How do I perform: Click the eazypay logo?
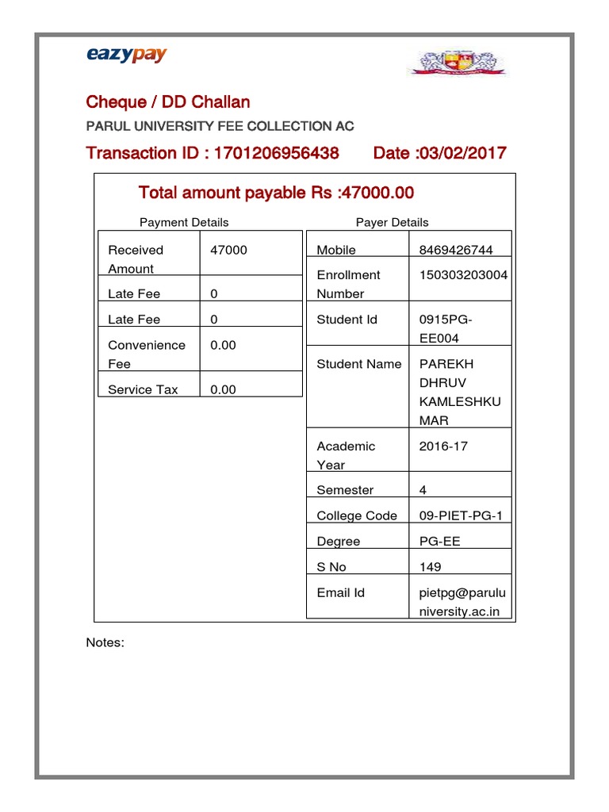pyautogui.click(x=126, y=55)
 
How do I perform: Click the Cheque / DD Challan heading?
pyautogui.click(x=168, y=102)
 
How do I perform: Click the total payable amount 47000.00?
pyautogui.click(x=372, y=193)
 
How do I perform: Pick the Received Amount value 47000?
pyautogui.click(x=228, y=250)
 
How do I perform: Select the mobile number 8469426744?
pyautogui.click(x=456, y=250)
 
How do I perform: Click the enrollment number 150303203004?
pyautogui.click(x=464, y=275)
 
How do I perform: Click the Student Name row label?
pyautogui.click(x=354, y=364)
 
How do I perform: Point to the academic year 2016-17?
pyautogui.click(x=443, y=446)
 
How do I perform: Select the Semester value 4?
pyautogui.click(x=423, y=491)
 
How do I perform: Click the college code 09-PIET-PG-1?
pyautogui.click(x=461, y=516)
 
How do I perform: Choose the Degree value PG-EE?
pyautogui.click(x=439, y=542)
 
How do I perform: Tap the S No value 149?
pyautogui.click(x=431, y=567)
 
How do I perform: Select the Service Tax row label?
pyautogui.click(x=143, y=389)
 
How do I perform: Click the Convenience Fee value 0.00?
pyautogui.click(x=223, y=345)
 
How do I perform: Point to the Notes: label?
pyautogui.click(x=105, y=642)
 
